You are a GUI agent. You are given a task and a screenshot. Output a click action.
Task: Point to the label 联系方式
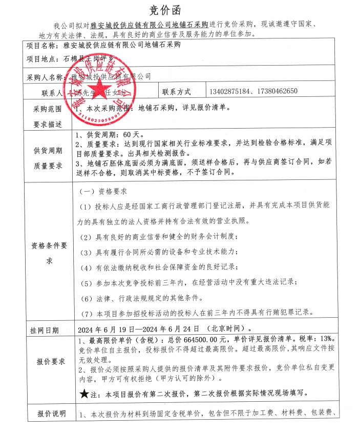click(176, 92)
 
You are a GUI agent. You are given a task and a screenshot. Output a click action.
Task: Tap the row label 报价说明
click(52, 414)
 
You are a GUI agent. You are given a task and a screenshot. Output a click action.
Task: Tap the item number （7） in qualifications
click(87, 313)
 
